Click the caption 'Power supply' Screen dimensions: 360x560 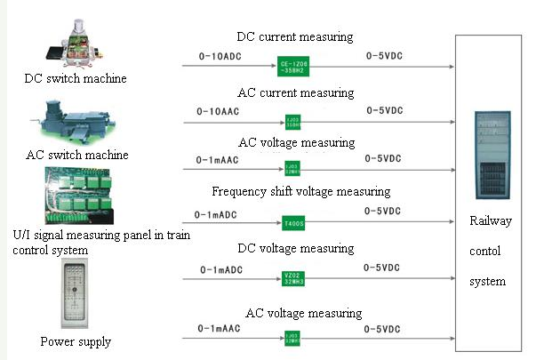click(76, 341)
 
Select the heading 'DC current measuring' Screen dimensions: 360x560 click(295, 37)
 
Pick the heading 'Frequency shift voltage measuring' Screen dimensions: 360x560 click(300, 191)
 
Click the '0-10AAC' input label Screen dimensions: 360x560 click(220, 113)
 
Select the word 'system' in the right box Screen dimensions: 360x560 click(488, 281)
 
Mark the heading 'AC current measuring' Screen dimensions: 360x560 click(295, 92)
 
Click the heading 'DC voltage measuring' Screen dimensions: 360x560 click(295, 248)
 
